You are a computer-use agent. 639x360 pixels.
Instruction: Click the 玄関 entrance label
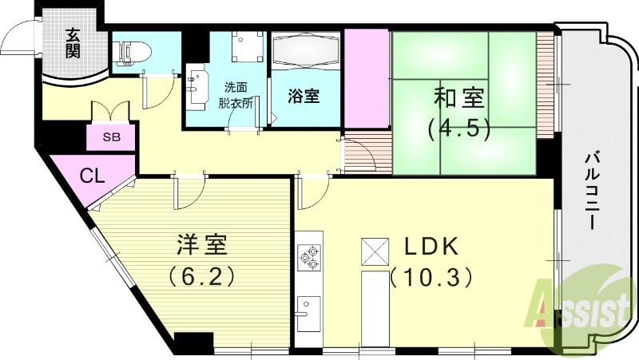click(x=73, y=45)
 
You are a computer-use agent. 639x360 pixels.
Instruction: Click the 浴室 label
click(x=304, y=97)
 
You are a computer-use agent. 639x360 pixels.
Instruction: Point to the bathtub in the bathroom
click(x=304, y=54)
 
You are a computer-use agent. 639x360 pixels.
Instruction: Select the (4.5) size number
click(x=458, y=129)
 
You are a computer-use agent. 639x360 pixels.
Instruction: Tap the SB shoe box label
click(x=111, y=136)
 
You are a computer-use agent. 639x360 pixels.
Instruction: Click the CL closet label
click(x=92, y=176)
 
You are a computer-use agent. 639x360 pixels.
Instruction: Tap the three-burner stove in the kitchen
click(x=308, y=258)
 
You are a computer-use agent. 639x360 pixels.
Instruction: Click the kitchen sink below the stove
click(x=308, y=308)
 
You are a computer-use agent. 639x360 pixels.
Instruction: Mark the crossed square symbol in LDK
click(x=375, y=250)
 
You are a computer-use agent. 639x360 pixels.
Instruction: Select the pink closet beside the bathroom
click(x=366, y=78)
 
